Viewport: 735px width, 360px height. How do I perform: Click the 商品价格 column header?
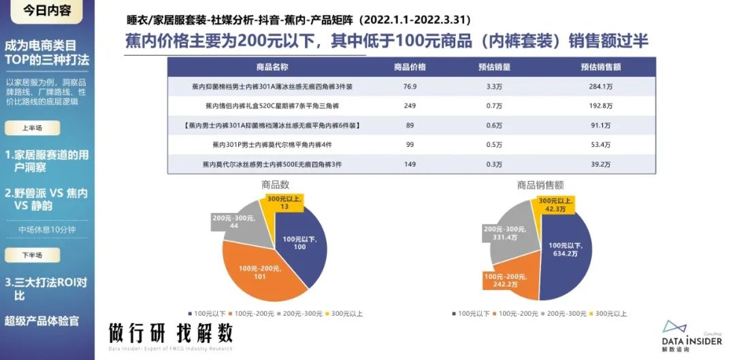[409, 67]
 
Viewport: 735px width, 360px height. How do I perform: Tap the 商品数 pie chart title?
[275, 184]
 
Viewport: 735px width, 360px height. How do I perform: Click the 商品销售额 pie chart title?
[540, 184]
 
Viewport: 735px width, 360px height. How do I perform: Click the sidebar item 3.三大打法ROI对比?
[46, 289]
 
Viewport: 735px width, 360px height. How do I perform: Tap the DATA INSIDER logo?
[691, 336]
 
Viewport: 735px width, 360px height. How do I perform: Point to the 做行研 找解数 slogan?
[171, 333]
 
